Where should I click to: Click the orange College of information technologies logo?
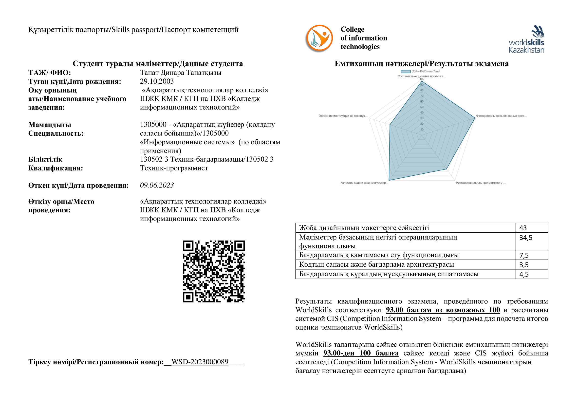coord(319,38)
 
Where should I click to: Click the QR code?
coord(214,271)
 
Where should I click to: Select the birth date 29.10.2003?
coord(157,81)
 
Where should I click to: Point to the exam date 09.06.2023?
coord(157,185)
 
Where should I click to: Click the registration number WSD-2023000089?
coord(200,362)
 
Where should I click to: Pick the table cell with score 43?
coord(532,228)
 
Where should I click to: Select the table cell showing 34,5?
coord(532,238)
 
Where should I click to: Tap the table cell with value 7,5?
coord(532,255)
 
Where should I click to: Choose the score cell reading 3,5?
coord(532,265)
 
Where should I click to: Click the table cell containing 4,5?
coord(532,274)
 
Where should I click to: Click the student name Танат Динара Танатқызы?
coord(181,73)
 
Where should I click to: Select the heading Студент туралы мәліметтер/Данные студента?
coord(158,64)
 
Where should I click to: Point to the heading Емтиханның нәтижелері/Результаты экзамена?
coord(422,64)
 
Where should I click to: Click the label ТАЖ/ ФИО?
coord(50,73)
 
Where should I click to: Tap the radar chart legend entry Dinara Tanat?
coord(422,71)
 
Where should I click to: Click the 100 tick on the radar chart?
coord(422,79)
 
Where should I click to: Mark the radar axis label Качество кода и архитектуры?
coord(364,183)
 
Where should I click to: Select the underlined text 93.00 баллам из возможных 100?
coord(443,310)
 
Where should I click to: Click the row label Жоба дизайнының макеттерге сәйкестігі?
coord(364,228)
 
